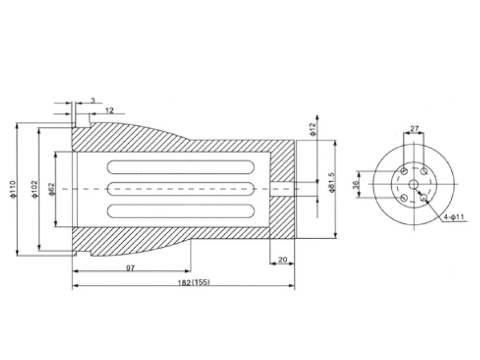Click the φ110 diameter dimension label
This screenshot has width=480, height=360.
[x=12, y=190]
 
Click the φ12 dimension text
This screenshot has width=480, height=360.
[x=312, y=129]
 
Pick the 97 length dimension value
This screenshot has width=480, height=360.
[x=130, y=268]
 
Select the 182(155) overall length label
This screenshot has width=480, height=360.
[x=194, y=282]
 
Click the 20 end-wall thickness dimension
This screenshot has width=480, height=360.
[x=282, y=260]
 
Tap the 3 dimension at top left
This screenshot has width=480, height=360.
[x=93, y=100]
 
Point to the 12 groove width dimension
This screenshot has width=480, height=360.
[x=110, y=111]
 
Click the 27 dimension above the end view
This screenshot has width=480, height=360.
[x=414, y=129]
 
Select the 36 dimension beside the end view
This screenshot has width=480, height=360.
[x=356, y=185]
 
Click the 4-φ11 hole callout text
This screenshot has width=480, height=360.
[x=455, y=217]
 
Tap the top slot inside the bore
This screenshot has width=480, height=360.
[x=181, y=167]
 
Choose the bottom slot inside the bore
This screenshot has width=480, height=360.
[x=181, y=210]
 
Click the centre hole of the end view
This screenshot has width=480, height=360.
[x=414, y=184]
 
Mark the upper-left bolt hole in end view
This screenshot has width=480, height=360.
[x=404, y=170]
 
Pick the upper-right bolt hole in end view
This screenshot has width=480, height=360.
[x=424, y=170]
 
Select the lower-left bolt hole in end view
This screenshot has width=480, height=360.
[x=404, y=198]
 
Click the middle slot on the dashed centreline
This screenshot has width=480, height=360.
[x=181, y=188]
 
